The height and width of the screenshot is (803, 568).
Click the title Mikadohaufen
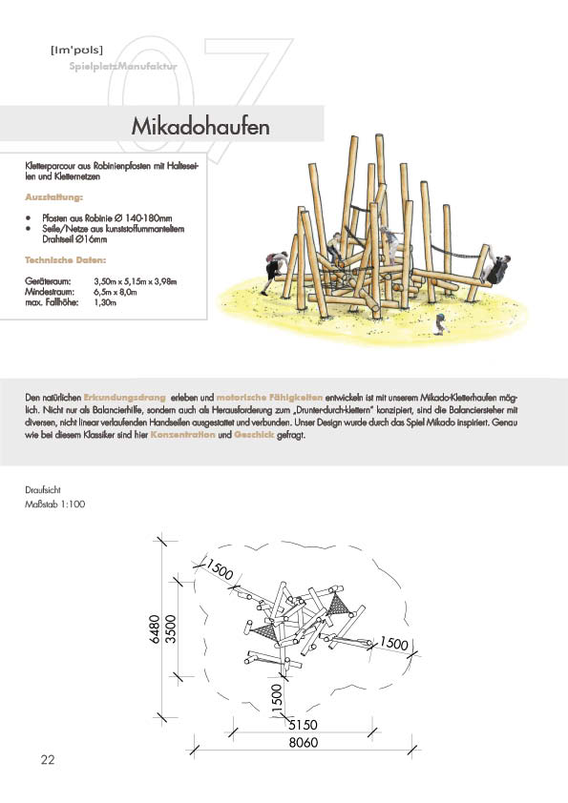(200, 126)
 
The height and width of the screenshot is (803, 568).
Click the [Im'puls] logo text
(77, 50)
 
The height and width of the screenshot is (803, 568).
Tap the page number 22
(47, 759)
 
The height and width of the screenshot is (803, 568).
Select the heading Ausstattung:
(53, 197)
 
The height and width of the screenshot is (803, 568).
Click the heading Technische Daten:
(66, 260)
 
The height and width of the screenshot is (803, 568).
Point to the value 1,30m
(105, 302)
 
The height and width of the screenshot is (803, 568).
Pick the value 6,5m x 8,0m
(116, 292)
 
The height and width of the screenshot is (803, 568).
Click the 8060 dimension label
(303, 742)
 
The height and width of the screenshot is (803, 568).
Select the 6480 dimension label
(155, 628)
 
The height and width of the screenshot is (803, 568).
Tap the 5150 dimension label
(303, 725)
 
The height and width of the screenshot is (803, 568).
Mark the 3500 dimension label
(170, 629)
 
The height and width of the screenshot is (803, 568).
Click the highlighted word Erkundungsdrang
(124, 398)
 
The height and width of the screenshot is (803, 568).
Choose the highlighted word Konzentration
(182, 435)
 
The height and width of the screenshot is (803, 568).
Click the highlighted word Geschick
(254, 435)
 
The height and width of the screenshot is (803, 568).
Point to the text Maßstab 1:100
(54, 504)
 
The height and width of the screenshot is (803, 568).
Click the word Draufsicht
(43, 489)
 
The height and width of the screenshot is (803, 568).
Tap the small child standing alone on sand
(440, 324)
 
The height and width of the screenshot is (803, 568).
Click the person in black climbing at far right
(497, 268)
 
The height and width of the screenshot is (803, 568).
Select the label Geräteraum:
(48, 281)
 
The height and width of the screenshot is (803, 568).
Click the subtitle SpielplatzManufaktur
(123, 66)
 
